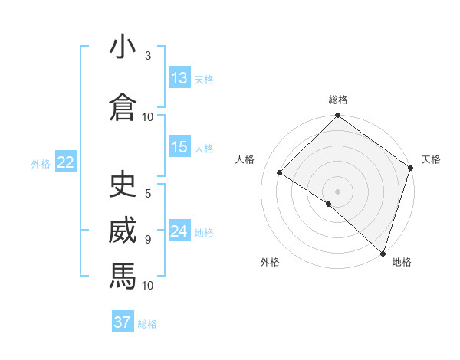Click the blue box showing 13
click(x=179, y=78)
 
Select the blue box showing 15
click(x=179, y=148)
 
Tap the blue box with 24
click(x=179, y=231)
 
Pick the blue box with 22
click(x=66, y=162)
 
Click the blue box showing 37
click(x=122, y=322)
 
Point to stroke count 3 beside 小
click(x=148, y=56)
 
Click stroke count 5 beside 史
click(x=148, y=195)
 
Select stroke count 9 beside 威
click(x=148, y=239)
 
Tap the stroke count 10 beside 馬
click(x=148, y=285)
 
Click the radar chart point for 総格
click(x=337, y=116)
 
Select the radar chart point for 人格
click(x=280, y=173)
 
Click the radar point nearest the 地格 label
click(x=382, y=254)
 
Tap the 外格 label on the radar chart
click(x=270, y=262)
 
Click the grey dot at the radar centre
click(x=337, y=191)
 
